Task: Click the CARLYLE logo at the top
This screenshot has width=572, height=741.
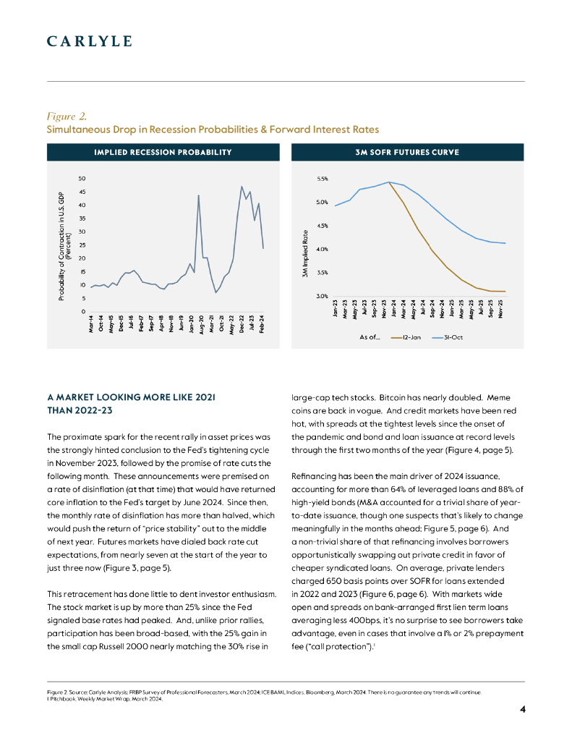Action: (x=89, y=41)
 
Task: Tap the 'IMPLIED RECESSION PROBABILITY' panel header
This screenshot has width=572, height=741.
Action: (x=163, y=152)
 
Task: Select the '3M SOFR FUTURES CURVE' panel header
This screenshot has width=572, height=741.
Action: (x=408, y=152)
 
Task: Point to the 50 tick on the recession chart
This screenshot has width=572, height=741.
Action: (x=82, y=179)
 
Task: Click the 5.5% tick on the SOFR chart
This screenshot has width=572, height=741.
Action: (x=323, y=179)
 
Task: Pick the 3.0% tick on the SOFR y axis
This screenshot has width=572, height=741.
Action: (x=323, y=296)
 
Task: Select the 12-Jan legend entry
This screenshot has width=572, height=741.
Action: (x=409, y=336)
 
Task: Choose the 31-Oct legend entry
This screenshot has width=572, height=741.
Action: (x=449, y=336)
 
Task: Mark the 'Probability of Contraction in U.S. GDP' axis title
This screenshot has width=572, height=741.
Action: (x=62, y=247)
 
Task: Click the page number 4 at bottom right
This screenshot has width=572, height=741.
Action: (x=522, y=708)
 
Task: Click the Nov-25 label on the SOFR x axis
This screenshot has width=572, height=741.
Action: (x=501, y=308)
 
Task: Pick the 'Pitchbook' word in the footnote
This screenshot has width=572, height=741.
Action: (x=62, y=698)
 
